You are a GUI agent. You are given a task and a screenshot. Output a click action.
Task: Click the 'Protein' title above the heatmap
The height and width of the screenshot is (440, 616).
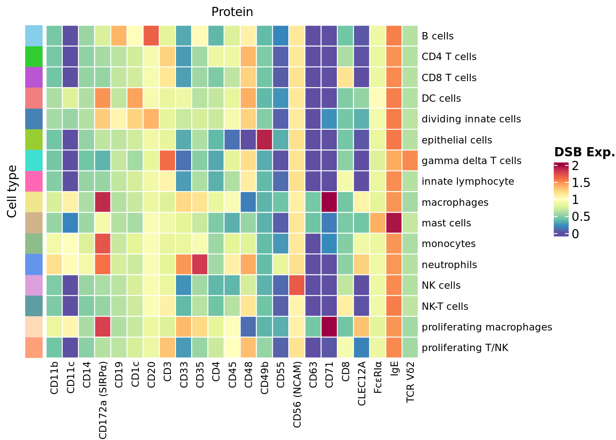pyautogui.click(x=232, y=12)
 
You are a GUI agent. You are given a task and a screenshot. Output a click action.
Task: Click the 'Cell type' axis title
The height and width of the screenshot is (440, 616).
pyautogui.click(x=12, y=192)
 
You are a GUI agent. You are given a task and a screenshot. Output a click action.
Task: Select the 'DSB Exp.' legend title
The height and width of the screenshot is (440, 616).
pyautogui.click(x=584, y=153)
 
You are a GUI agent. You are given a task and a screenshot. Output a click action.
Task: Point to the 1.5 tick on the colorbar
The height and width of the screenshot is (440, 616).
pyautogui.click(x=579, y=183)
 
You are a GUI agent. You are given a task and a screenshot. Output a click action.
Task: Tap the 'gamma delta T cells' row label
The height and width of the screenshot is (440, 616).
pyautogui.click(x=471, y=161)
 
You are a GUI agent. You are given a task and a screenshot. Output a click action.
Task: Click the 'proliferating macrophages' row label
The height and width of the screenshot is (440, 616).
pyautogui.click(x=487, y=327)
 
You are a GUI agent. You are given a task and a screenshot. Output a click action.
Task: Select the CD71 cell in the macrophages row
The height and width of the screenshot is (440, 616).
pyautogui.click(x=330, y=202)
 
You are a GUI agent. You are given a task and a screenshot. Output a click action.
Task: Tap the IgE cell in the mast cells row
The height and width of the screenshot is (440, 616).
pyautogui.click(x=394, y=223)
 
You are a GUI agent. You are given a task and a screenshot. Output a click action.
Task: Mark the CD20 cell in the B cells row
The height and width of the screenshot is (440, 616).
pyautogui.click(x=152, y=36)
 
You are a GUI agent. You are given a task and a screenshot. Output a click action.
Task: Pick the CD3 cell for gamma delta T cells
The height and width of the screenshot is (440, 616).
pyautogui.click(x=168, y=161)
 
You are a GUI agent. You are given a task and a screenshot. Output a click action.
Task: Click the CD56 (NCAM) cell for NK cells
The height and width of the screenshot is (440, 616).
pyautogui.click(x=297, y=286)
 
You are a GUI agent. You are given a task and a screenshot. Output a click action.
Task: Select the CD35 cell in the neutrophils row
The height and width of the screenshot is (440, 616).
pyautogui.click(x=200, y=264)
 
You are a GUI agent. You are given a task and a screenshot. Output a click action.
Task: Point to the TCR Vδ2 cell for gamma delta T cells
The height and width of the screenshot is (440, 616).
pyautogui.click(x=410, y=161)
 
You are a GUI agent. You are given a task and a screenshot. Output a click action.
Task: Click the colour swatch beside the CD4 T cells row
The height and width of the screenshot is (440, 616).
pyautogui.click(x=34, y=57)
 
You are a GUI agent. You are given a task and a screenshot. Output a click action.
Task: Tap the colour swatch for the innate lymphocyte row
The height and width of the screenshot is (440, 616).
pyautogui.click(x=34, y=181)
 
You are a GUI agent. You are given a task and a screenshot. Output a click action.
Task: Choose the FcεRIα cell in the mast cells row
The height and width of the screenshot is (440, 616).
pyautogui.click(x=378, y=223)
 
